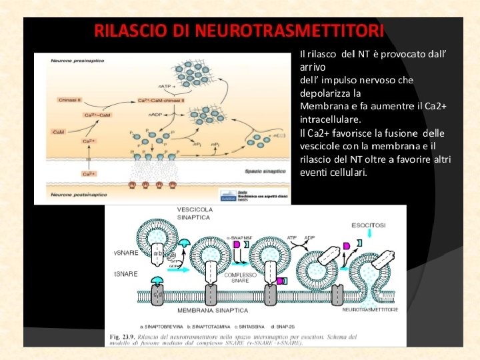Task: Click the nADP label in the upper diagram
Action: coord(155,115)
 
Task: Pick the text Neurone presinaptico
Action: coord(77,61)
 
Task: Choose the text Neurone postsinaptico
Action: coord(79,195)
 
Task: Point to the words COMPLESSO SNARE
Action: coord(241,277)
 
